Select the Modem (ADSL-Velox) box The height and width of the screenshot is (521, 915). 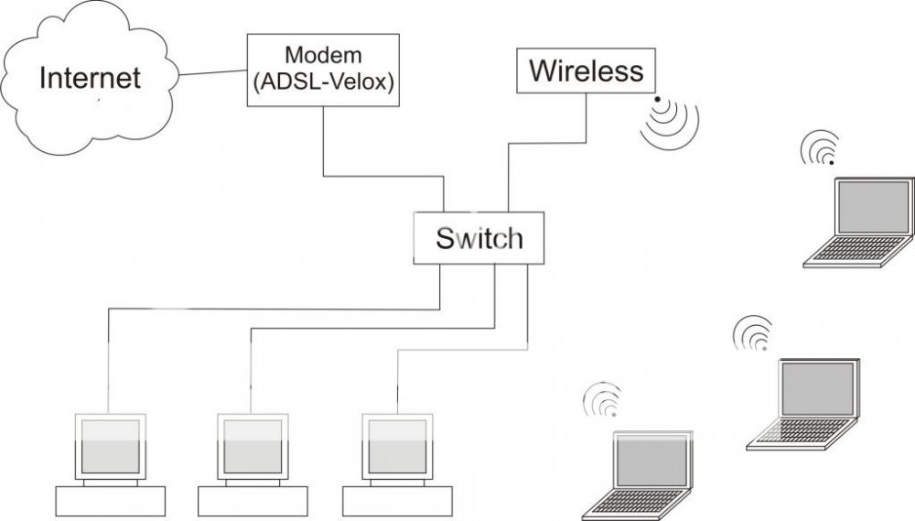pos(324,70)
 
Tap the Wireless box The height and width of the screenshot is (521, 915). pos(587,71)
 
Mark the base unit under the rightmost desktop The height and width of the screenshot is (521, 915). pos(397,501)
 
